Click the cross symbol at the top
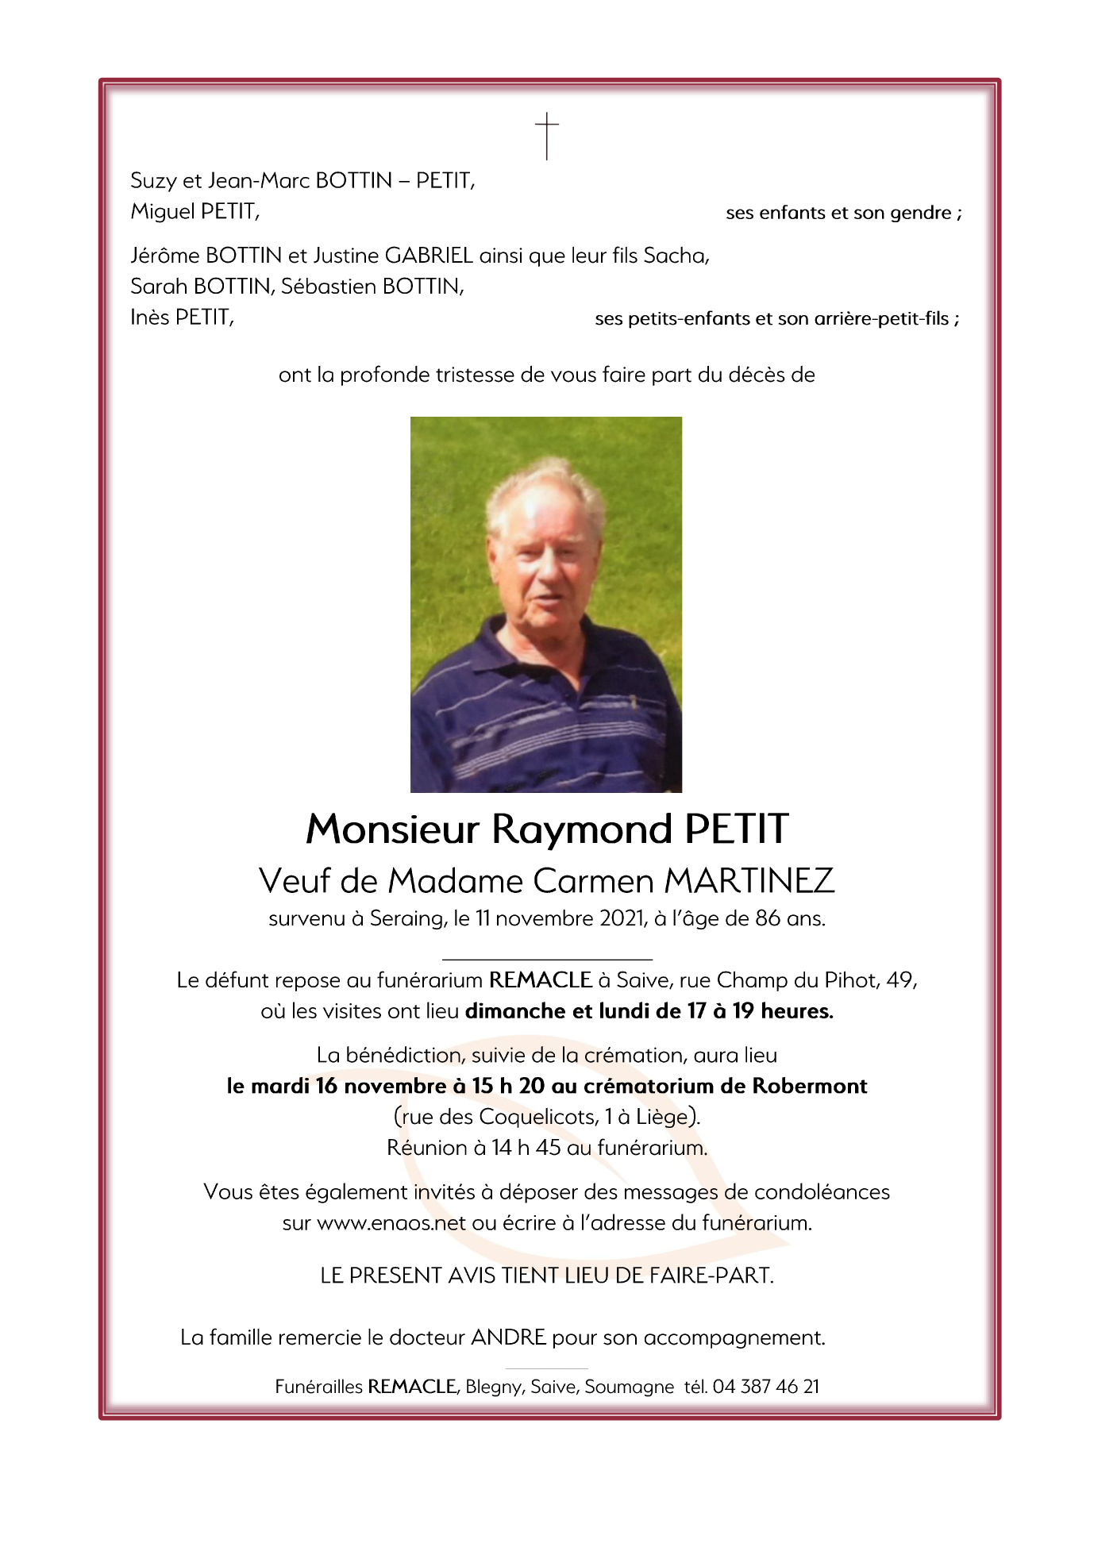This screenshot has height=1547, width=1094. [x=546, y=136]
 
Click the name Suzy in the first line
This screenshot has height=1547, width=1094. [x=153, y=182]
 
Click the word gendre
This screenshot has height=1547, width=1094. [x=921, y=214]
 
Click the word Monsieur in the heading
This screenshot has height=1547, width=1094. [x=392, y=829]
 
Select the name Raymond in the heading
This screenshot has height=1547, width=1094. [x=582, y=829]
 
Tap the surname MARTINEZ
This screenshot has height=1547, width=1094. [x=749, y=881]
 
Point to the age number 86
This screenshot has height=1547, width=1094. [x=768, y=919]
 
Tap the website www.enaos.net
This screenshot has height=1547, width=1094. [x=391, y=1223]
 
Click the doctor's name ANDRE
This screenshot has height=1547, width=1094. [x=508, y=1337]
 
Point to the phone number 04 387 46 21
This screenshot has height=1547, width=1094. [x=765, y=1387]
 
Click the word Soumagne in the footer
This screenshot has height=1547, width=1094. [x=629, y=1387]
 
